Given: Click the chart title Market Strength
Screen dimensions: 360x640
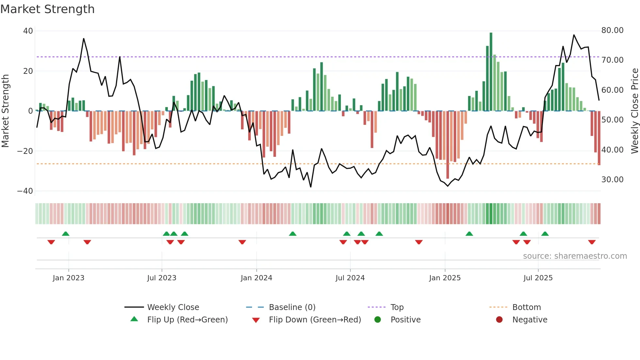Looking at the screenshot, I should (x=47, y=9).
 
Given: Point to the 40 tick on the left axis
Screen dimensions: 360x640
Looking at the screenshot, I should (x=28, y=31).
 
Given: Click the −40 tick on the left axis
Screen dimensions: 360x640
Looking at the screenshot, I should (x=25, y=191).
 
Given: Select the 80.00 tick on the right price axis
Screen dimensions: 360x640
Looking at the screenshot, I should (x=612, y=30).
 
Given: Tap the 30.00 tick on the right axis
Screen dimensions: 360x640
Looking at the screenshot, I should (x=612, y=180).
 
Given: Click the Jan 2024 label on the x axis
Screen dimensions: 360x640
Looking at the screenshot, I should (x=256, y=278).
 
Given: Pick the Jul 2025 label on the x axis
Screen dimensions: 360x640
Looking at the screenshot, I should (x=538, y=278).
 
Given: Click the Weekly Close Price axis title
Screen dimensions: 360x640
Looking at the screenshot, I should (x=634, y=111).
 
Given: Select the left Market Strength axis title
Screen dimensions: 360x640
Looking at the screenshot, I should (x=6, y=111).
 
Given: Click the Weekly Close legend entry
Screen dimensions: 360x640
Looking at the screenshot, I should (x=173, y=307).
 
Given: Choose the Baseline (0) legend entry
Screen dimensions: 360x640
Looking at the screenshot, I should (x=292, y=307).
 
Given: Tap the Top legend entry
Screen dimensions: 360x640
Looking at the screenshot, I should (x=397, y=307).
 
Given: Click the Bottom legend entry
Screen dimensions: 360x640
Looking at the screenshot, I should (x=526, y=307).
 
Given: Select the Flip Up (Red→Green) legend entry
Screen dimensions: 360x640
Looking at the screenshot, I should (x=187, y=320).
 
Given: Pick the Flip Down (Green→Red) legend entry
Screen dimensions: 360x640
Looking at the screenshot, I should (x=315, y=320).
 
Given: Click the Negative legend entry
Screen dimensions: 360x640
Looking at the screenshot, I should (x=529, y=320).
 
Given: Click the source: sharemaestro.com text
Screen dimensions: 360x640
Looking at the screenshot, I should (x=575, y=256).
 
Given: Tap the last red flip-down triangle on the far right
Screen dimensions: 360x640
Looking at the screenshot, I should (x=592, y=242).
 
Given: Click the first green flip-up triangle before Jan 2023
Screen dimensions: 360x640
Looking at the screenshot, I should (x=66, y=234).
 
